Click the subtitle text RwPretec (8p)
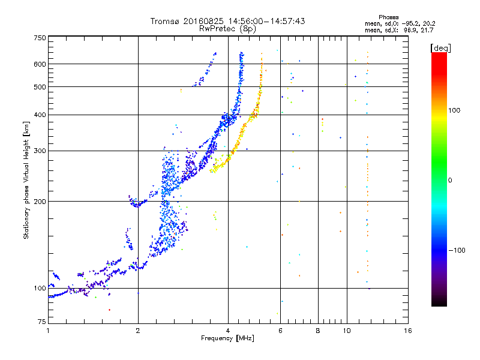pyautogui.click(x=227, y=29)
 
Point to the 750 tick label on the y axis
pyautogui.click(x=40, y=38)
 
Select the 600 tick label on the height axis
pyautogui.click(x=40, y=64)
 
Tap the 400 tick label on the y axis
pyautogui.click(x=40, y=115)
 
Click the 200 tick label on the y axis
pyautogui.click(x=40, y=202)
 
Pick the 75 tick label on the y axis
pyautogui.click(x=42, y=322)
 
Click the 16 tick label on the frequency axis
pyautogui.click(x=408, y=331)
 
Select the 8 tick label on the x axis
pyautogui.click(x=318, y=331)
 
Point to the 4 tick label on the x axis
pyautogui.click(x=228, y=331)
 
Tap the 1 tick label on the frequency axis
pyautogui.click(x=48, y=331)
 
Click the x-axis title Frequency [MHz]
pyautogui.click(x=228, y=338)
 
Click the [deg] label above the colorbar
pyautogui.click(x=440, y=48)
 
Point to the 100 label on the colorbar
pyautogui.click(x=454, y=110)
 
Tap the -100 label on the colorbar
pyautogui.click(x=457, y=250)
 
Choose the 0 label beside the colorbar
pyautogui.click(x=450, y=181)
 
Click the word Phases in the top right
pyautogui.click(x=388, y=17)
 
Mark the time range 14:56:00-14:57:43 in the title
pyautogui.click(x=266, y=21)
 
